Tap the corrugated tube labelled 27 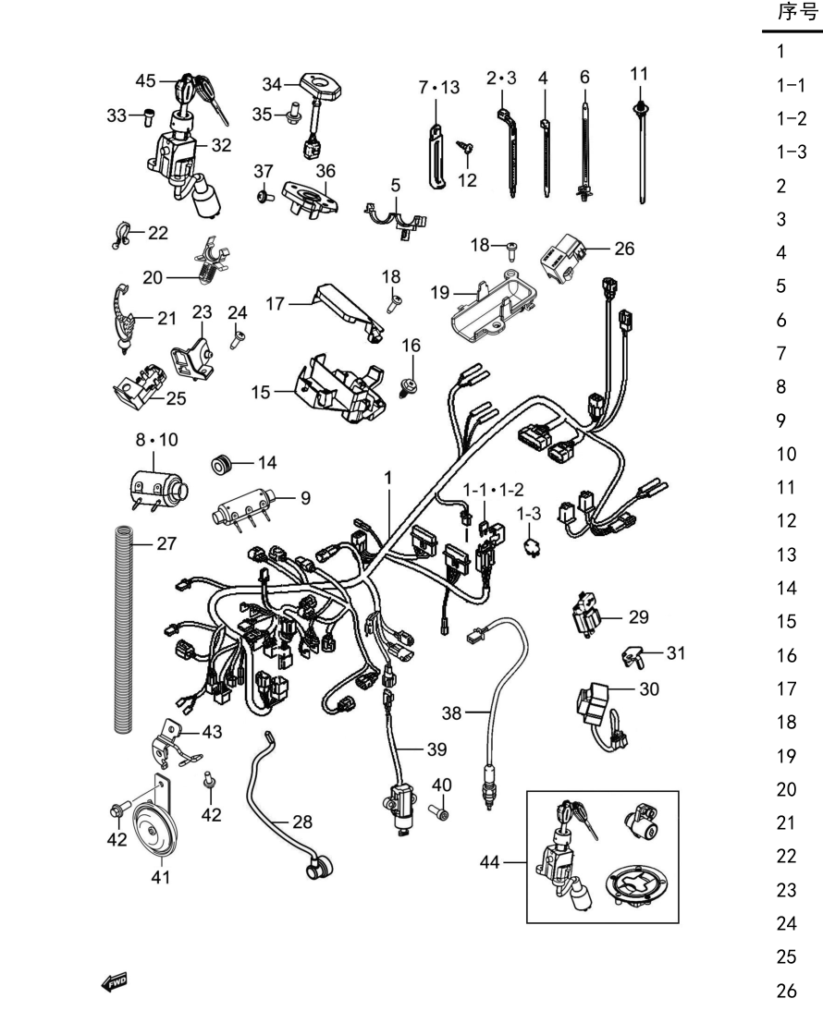pyautogui.click(x=124, y=629)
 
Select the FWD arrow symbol pyautogui.click(x=115, y=982)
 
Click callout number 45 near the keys pyautogui.click(x=145, y=80)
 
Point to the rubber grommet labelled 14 pyautogui.click(x=221, y=465)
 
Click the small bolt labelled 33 pyautogui.click(x=149, y=117)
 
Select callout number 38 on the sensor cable pyautogui.click(x=452, y=712)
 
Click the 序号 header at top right pyautogui.click(x=797, y=13)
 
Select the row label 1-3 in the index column pyautogui.click(x=792, y=152)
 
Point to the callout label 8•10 pyautogui.click(x=156, y=440)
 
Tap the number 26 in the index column pyautogui.click(x=787, y=990)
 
